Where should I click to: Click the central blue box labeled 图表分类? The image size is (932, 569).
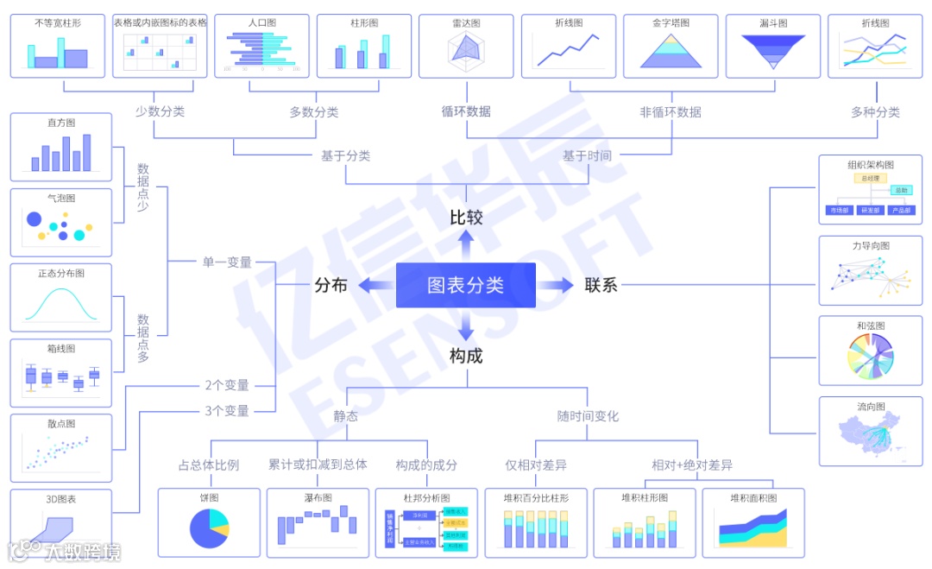pos(465,285)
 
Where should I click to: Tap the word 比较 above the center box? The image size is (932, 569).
pos(466,218)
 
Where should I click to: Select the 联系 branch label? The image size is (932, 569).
pos(601,285)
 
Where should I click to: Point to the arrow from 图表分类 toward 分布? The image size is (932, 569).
pos(372,285)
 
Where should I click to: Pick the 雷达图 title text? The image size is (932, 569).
pos(466,23)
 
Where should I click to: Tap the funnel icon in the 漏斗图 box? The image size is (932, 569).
pos(772,51)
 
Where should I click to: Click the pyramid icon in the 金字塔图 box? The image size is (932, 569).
pos(671,51)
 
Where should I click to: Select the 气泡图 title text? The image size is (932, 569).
pos(61,199)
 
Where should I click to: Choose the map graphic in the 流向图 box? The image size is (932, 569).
pos(870,436)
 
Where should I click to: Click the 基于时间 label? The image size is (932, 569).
pos(587,156)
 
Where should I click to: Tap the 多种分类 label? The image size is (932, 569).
pos(875,112)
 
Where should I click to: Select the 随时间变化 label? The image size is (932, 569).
pos(588,416)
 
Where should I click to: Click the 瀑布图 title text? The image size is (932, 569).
pos(318,498)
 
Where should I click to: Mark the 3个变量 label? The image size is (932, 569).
pos(227,411)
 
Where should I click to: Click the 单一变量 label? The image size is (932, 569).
pos(227,262)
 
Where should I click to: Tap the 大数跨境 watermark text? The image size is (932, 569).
pos(83,552)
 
